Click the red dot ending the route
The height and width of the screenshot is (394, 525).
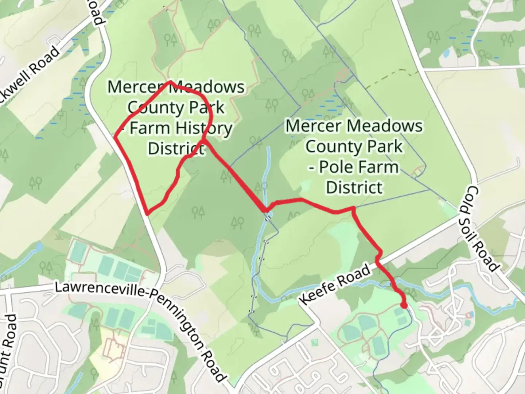404,305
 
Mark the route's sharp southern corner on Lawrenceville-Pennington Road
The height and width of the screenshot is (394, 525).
147,214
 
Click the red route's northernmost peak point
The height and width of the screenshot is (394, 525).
170,82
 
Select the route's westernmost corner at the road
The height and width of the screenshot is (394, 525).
115,138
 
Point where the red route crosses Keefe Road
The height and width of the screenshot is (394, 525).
378,260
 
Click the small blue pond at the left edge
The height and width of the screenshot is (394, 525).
39,248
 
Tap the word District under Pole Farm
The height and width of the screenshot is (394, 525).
354,188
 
